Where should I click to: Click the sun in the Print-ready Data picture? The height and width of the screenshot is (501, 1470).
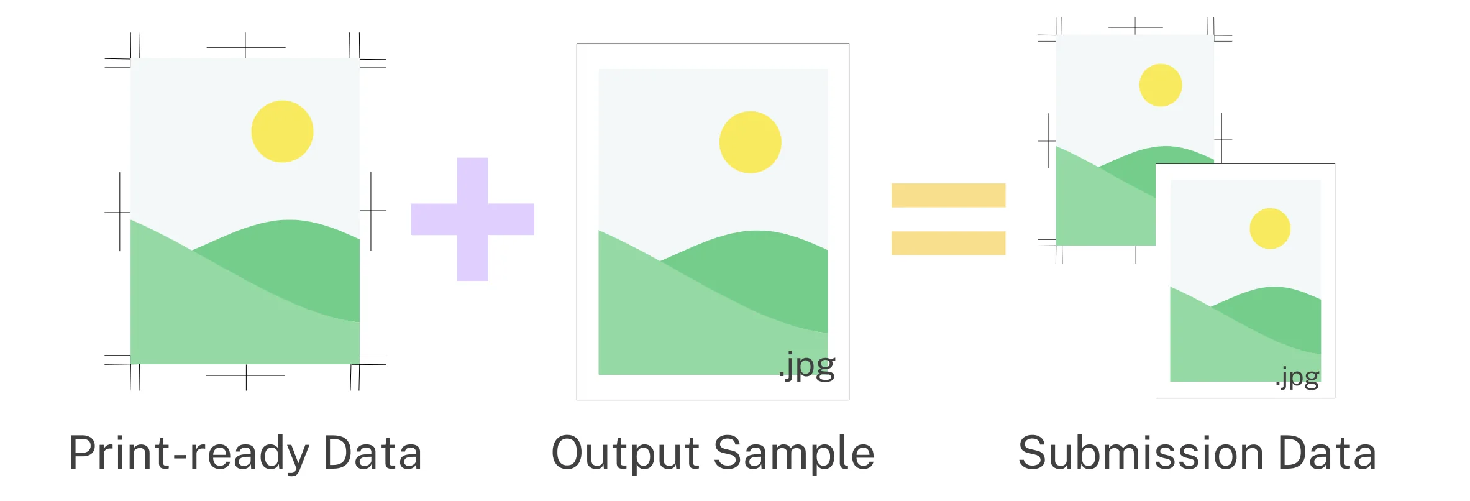[x=282, y=131]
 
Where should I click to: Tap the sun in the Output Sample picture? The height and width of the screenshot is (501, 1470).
[x=751, y=142]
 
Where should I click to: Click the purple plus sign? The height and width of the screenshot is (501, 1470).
[x=473, y=219]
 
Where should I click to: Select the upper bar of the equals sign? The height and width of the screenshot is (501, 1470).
[x=948, y=195]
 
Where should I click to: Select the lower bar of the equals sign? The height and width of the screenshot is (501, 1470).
[x=948, y=243]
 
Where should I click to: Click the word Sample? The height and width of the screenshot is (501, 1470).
[x=795, y=454]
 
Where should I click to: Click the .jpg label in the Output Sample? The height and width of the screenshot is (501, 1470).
[x=807, y=366]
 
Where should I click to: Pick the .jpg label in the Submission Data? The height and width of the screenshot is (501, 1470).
[x=1297, y=377]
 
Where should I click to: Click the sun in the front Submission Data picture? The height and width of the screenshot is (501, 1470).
[x=1270, y=228]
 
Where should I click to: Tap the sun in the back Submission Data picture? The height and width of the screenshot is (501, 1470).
[x=1161, y=85]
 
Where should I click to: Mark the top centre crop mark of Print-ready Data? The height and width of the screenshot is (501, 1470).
[x=245, y=47]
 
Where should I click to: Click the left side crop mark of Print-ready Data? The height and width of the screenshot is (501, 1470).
[x=119, y=212]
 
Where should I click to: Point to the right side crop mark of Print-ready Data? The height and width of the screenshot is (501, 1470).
[x=371, y=211]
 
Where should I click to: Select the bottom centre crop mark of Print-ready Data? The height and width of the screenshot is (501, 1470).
[x=246, y=376]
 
